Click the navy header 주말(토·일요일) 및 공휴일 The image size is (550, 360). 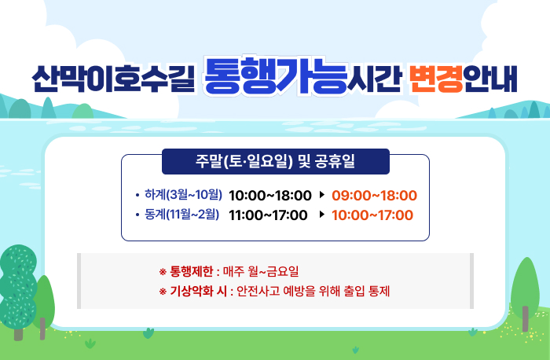275,162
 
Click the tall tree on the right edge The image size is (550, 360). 525,287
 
